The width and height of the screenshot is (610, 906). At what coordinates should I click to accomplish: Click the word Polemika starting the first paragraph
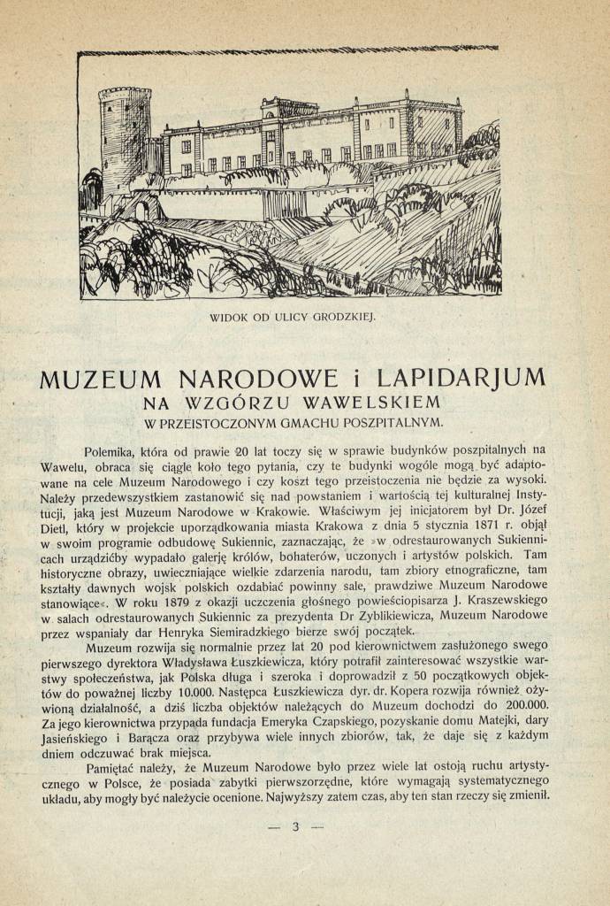(x=124, y=449)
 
